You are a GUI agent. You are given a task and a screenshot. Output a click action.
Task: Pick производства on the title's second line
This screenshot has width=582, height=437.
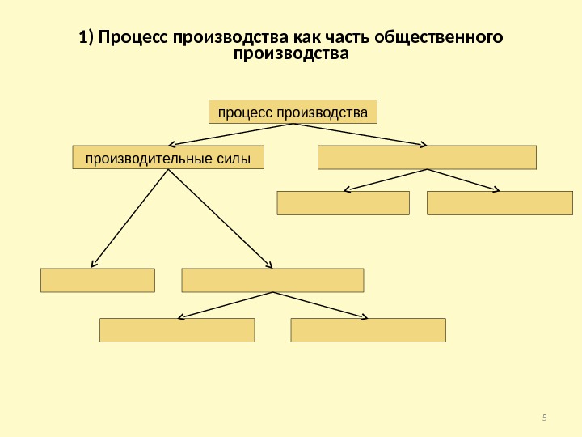click(291, 55)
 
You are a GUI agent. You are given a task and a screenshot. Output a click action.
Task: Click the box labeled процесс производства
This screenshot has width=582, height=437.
click(293, 111)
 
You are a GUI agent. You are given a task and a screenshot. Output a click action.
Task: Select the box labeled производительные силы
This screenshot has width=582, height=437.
click(169, 157)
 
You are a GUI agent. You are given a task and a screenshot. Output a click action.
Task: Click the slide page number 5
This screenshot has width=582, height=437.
click(544, 418)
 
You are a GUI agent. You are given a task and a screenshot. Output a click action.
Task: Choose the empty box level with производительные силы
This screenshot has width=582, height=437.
click(427, 157)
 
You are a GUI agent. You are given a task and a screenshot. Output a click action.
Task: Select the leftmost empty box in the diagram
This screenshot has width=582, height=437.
click(97, 280)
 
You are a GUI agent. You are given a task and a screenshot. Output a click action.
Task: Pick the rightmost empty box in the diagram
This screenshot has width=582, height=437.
click(499, 202)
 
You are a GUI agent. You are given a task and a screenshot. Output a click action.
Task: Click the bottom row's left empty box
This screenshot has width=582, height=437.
click(176, 330)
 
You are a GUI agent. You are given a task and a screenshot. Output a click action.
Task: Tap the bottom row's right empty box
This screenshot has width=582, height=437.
click(368, 330)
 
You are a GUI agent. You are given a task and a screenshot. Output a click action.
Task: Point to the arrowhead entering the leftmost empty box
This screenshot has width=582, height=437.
click(94, 264)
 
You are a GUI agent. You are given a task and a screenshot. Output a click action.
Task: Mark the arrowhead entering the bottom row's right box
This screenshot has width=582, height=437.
click(365, 316)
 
